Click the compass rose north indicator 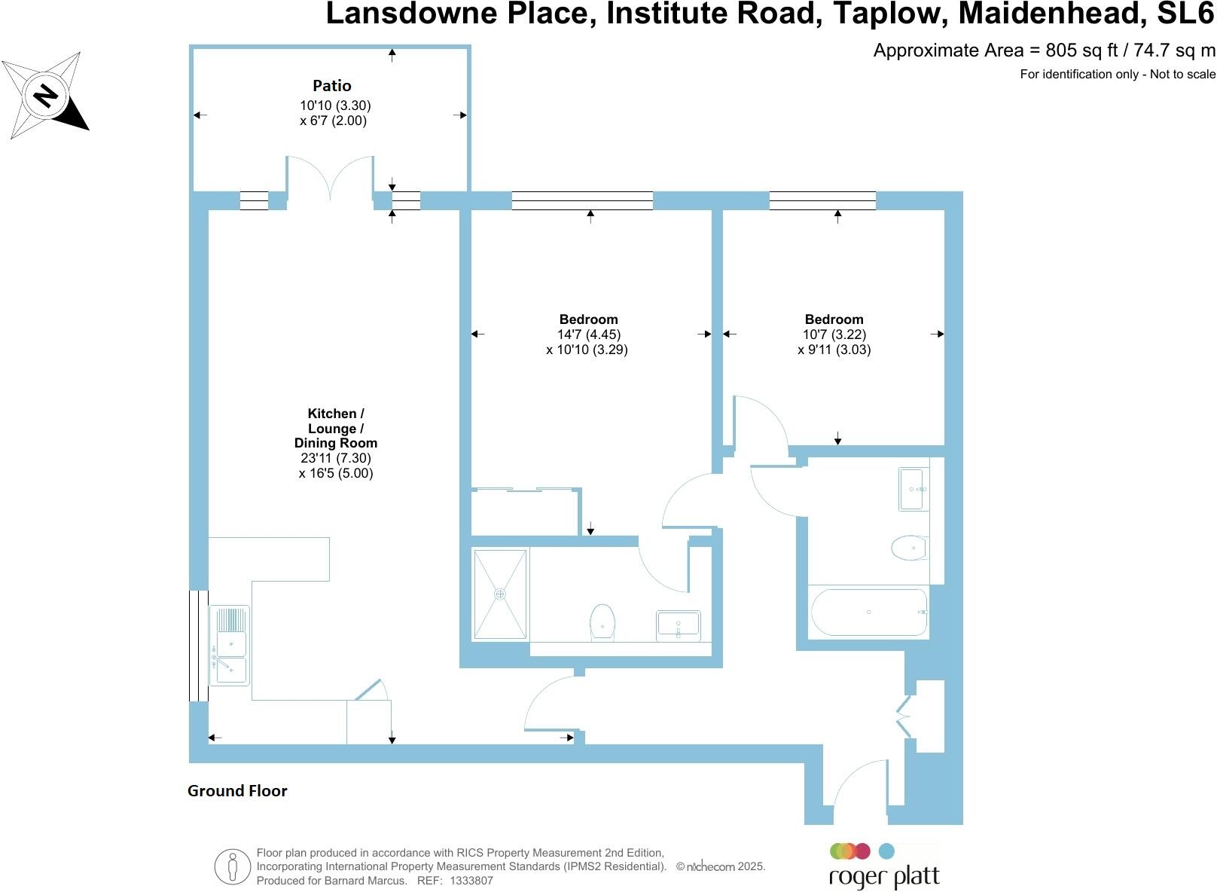click(46, 96)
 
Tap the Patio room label click(332, 86)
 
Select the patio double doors click(330, 179)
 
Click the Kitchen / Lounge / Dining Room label click(336, 428)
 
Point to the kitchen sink click(230, 646)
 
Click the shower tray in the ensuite click(500, 594)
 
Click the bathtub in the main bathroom click(868, 612)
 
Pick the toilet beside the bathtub click(910, 548)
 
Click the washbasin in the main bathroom click(914, 489)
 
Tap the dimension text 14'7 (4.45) click(589, 334)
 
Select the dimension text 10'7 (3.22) click(834, 334)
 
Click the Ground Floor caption click(237, 791)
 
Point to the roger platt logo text click(884, 878)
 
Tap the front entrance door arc click(859, 784)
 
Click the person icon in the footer click(232, 866)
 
